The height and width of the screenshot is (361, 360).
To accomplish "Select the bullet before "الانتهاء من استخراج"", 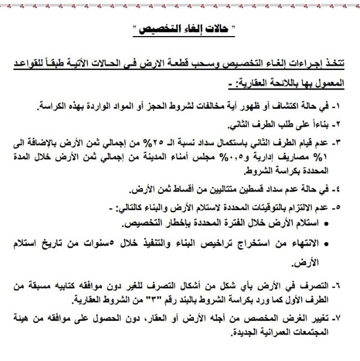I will click(x=328, y=243).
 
